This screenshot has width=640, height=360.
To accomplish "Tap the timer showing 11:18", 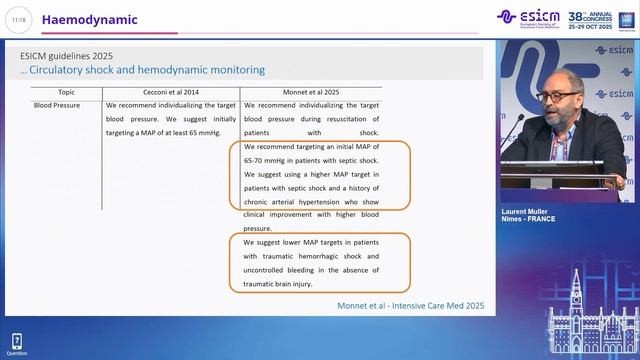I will pos(18,20).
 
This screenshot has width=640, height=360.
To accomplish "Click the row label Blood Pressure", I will pos(58,104).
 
